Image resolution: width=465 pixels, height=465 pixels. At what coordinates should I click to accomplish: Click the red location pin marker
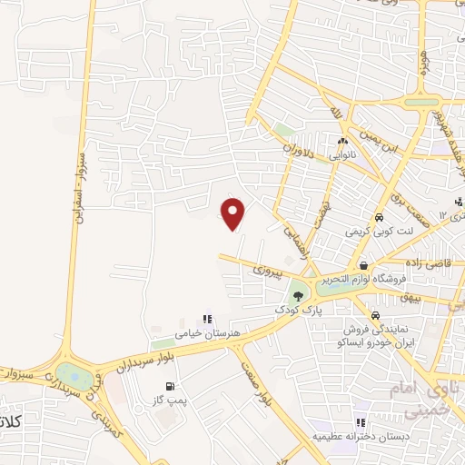233,213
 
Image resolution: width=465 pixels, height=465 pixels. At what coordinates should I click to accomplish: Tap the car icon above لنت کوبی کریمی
378,218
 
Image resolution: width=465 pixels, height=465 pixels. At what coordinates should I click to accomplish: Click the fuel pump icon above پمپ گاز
170,387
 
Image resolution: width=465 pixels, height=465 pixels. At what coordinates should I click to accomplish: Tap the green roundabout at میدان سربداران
69,373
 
